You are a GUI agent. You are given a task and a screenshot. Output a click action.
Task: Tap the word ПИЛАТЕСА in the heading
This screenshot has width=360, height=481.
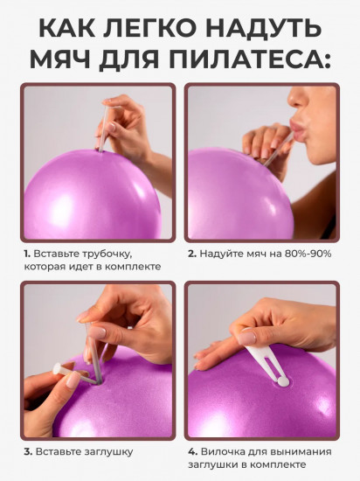tap(246, 59)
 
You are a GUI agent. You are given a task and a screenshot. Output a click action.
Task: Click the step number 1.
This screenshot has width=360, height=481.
tap(27, 254)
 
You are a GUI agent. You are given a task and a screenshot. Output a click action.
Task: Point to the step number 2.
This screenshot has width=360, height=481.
tap(192, 254)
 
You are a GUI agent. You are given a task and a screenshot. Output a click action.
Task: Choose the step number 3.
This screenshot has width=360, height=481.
tap(29, 451)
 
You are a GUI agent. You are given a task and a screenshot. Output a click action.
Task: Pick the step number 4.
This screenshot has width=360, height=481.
tap(192, 451)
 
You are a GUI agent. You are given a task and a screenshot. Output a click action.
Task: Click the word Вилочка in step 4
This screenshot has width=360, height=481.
tap(223, 451)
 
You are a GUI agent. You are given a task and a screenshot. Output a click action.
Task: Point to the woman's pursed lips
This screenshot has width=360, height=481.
tap(300, 129)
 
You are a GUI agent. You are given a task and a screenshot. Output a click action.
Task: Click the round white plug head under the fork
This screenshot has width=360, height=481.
tap(283, 382)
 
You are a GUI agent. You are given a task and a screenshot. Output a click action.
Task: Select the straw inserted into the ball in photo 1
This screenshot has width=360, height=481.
tap(103, 129)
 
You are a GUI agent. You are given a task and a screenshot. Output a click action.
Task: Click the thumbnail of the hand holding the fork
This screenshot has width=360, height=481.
tap(262, 360)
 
